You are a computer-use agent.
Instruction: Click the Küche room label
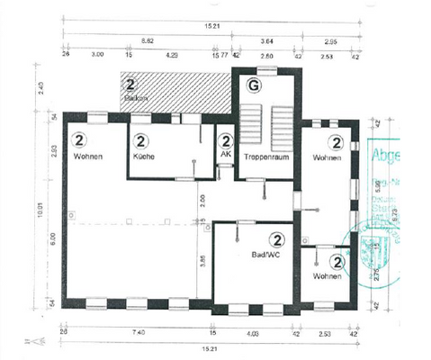coord(142,157)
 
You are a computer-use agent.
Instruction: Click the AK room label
coord(225,155)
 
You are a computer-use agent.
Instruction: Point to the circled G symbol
coord(255,85)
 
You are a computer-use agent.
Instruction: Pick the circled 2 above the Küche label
coord(142,141)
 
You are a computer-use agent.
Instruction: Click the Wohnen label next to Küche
coord(88,157)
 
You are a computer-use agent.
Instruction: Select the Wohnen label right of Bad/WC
coord(328,276)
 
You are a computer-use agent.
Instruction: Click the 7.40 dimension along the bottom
coord(138,333)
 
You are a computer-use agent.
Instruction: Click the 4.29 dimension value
coord(170,56)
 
